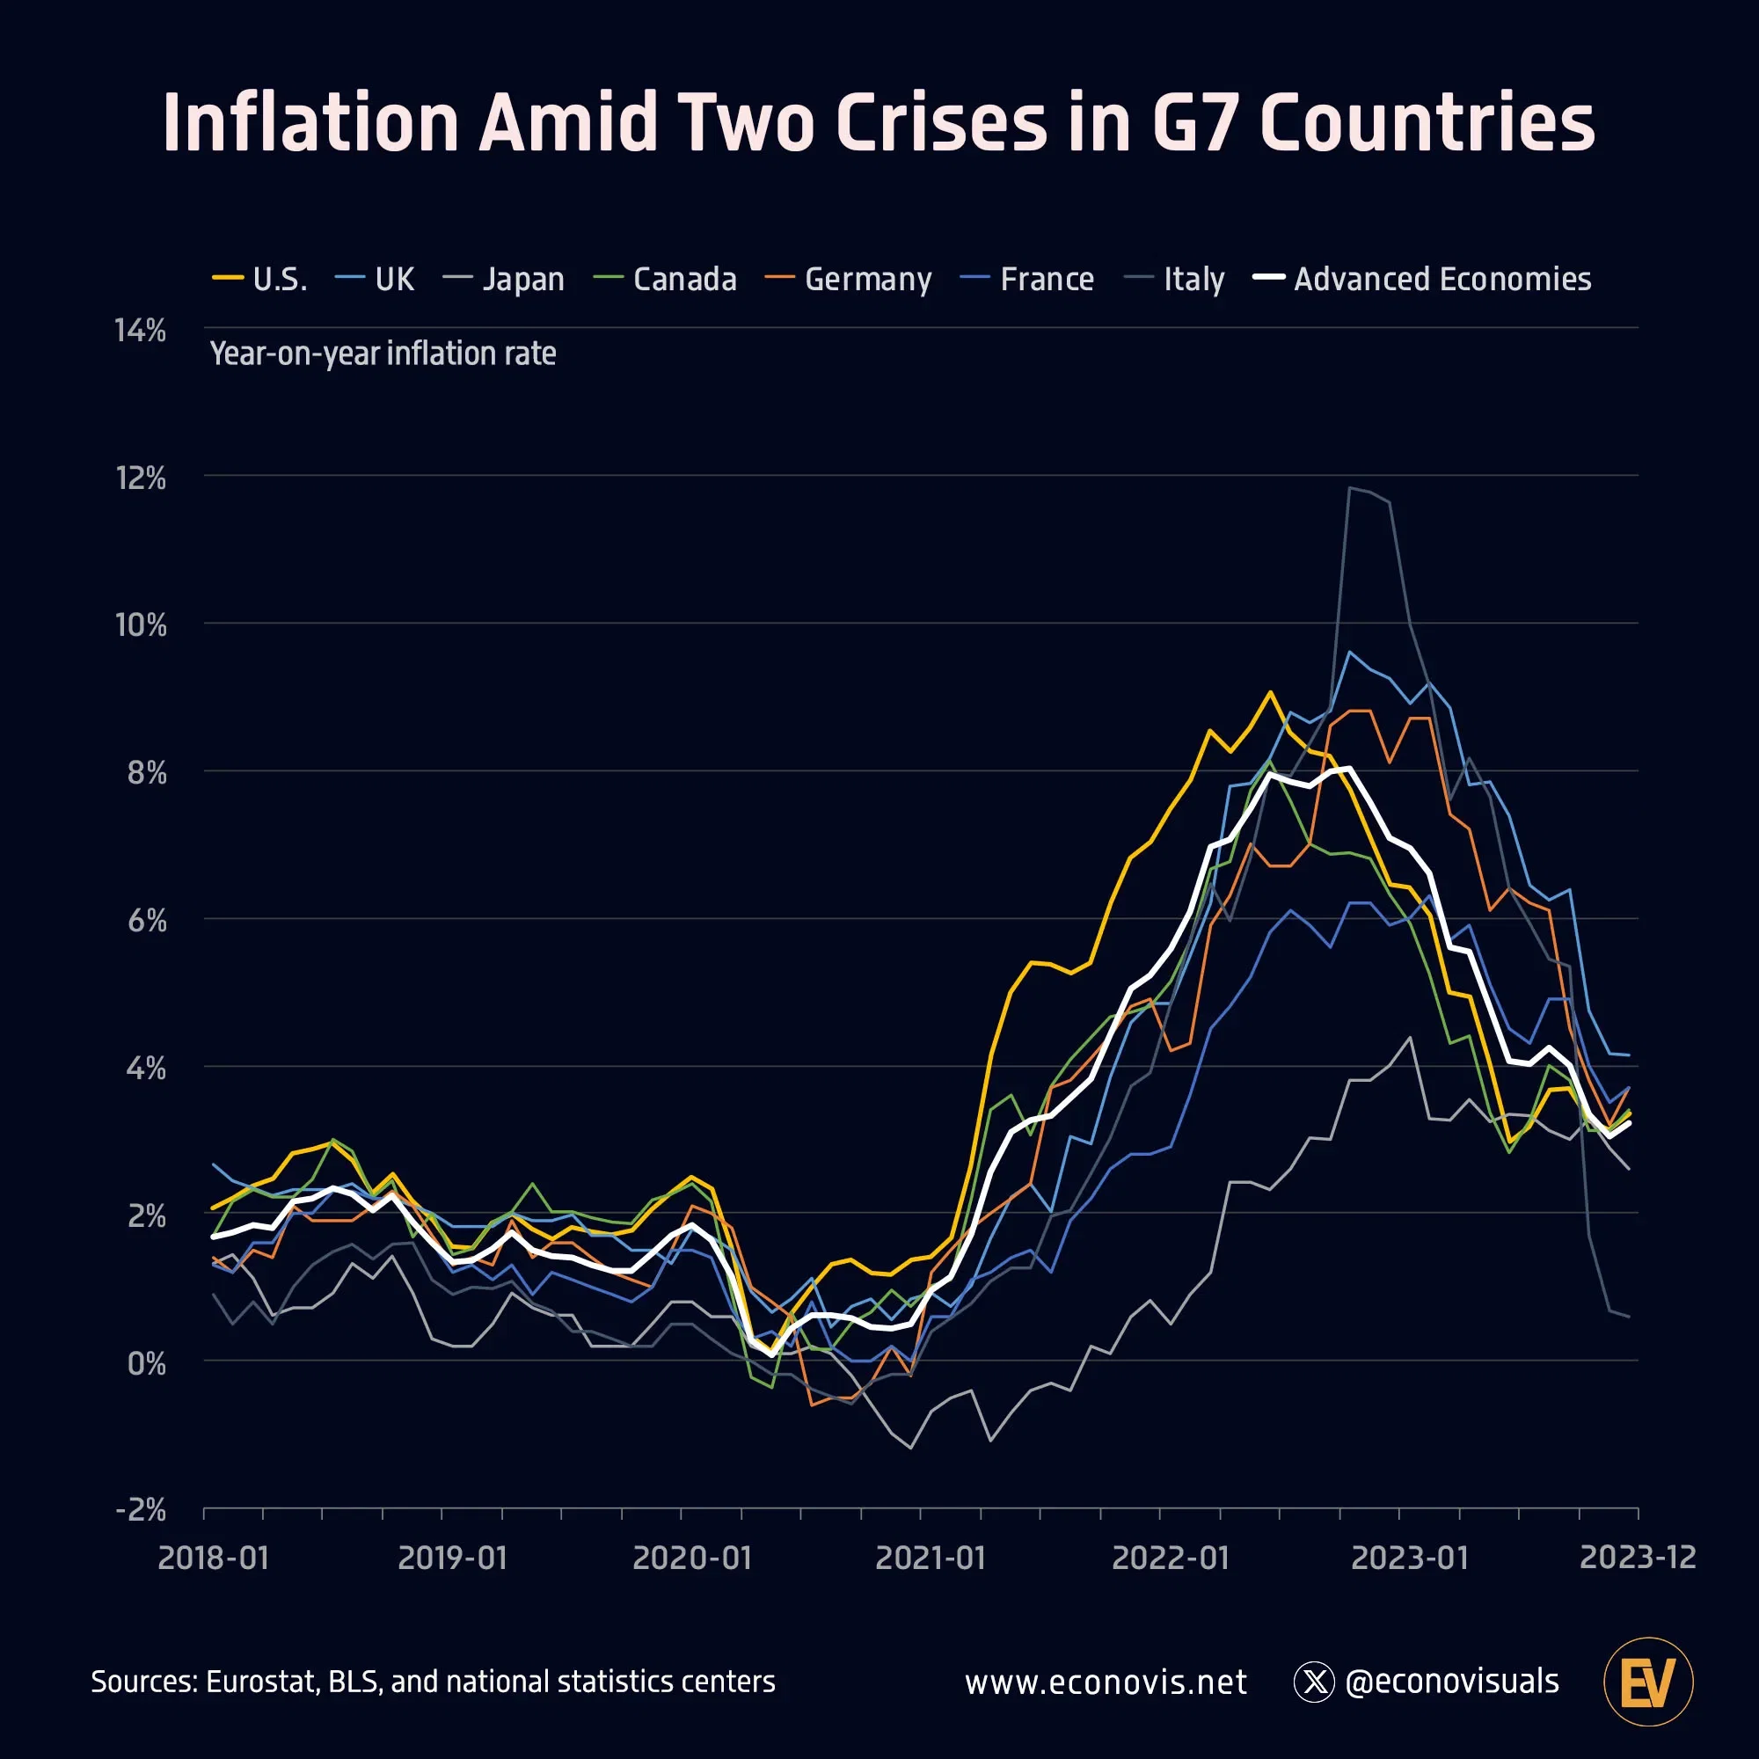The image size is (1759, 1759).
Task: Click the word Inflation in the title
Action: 310,123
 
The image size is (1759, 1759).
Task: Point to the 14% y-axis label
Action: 140,331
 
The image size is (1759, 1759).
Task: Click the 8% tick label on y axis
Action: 146,773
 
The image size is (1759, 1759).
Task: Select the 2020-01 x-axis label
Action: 692,1558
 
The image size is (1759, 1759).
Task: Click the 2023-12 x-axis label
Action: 1637,1557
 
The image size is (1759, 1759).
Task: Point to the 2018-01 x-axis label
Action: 214,1558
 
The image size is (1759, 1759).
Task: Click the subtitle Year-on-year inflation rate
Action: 383,354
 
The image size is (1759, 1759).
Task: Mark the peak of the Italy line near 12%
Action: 1350,488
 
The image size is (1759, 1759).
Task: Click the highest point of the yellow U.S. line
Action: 1270,692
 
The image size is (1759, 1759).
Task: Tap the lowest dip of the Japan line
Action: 910,1448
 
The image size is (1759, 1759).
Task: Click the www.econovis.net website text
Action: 1106,1682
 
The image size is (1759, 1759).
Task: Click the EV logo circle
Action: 1648,1682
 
